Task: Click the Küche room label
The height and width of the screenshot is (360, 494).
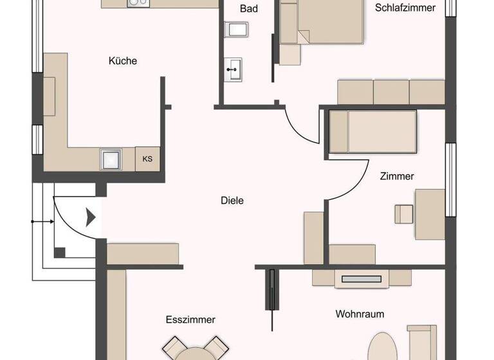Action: (x=122, y=61)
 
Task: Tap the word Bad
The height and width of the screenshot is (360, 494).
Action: (x=249, y=9)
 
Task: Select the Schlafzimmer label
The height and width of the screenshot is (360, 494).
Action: (x=405, y=8)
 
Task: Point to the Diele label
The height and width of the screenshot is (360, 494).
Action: (x=232, y=201)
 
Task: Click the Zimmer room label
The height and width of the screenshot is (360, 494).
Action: (x=397, y=176)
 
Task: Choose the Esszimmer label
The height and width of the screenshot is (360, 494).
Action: (x=190, y=319)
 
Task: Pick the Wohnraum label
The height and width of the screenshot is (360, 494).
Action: (x=360, y=314)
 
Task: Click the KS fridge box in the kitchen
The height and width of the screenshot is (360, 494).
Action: (x=148, y=159)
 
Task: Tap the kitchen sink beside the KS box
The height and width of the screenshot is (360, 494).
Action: (x=111, y=158)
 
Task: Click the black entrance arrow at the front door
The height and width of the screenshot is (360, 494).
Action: (x=91, y=217)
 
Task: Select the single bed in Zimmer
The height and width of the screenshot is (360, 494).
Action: (x=373, y=131)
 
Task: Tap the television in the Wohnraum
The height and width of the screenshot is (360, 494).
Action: (x=362, y=279)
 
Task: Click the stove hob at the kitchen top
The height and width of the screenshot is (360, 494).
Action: (x=137, y=3)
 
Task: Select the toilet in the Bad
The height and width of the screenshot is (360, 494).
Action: (x=237, y=29)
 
